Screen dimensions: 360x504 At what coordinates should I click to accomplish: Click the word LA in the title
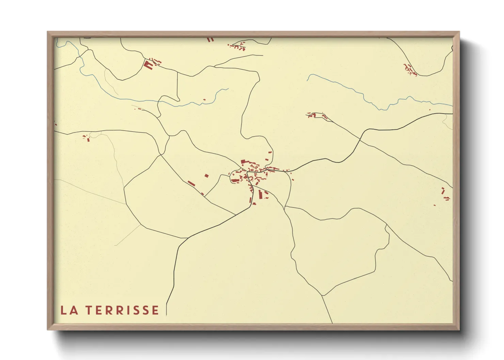click(x=69, y=310)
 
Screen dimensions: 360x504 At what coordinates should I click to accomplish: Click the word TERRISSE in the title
click(x=122, y=310)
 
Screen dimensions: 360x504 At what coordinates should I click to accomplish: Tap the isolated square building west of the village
click(x=206, y=176)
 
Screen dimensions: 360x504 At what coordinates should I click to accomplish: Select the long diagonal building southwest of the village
click(x=191, y=184)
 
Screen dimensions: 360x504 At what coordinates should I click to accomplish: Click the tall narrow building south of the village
click(x=261, y=195)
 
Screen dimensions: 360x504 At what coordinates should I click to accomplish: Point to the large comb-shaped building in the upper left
click(x=148, y=64)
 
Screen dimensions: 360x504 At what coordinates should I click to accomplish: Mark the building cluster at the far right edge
click(x=444, y=195)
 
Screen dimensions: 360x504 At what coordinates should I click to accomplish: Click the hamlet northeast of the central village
click(x=317, y=116)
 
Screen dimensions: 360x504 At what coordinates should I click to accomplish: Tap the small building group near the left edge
click(x=86, y=138)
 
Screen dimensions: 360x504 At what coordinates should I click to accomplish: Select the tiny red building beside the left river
click(x=204, y=100)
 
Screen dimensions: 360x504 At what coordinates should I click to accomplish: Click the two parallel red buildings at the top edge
click(x=210, y=40)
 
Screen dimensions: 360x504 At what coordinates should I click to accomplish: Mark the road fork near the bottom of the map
click(x=322, y=295)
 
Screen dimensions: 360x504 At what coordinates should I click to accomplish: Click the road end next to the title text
click(x=167, y=315)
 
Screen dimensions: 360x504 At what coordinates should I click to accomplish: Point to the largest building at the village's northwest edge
click(x=243, y=162)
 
